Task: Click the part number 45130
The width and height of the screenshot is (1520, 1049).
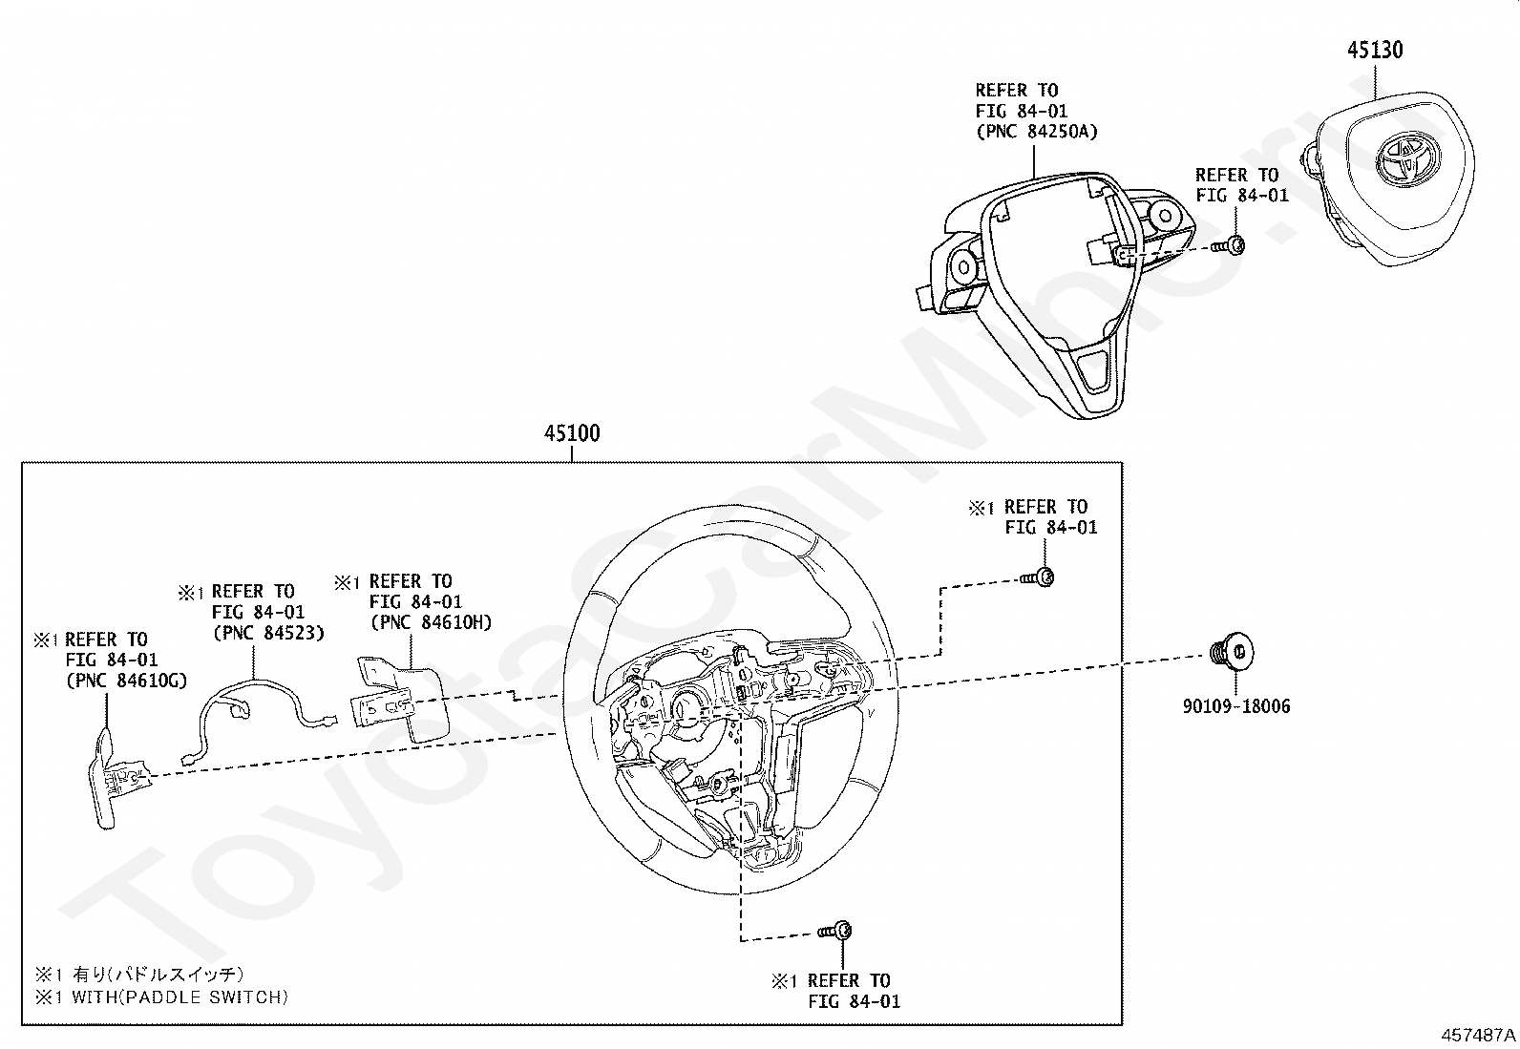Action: tap(1375, 50)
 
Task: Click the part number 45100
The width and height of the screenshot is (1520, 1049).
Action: tap(572, 433)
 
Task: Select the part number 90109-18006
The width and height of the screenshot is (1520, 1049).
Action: tap(1235, 706)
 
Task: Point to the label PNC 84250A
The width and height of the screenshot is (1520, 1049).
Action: tap(1036, 132)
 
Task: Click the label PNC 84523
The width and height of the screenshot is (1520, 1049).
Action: tap(267, 632)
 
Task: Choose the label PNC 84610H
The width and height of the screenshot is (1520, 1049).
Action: tap(430, 622)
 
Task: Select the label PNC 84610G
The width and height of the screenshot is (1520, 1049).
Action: tap(125, 681)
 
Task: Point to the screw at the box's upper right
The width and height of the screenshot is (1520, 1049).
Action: tap(1039, 577)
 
